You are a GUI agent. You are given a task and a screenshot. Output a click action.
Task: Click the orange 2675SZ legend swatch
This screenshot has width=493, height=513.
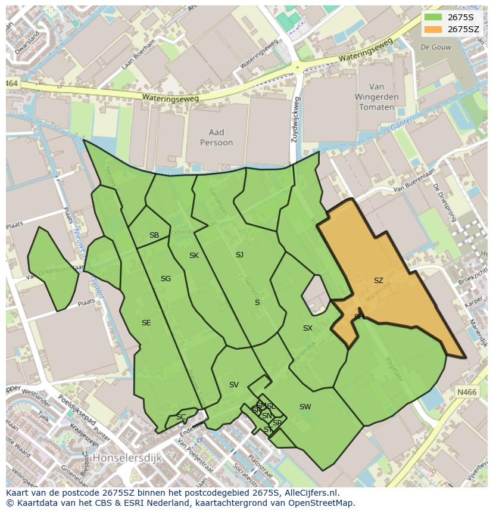coord(433,29)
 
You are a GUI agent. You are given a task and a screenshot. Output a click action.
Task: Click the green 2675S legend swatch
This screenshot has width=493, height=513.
coord(433,17)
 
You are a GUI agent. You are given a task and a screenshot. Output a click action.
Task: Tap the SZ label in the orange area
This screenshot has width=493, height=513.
coord(379,280)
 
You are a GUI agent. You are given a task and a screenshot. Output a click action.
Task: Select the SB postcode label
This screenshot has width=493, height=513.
coord(154,235)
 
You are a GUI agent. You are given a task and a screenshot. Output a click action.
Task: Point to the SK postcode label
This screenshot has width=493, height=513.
coord(194,256)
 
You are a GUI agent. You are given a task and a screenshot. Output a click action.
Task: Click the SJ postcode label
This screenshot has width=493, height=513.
coord(239,254)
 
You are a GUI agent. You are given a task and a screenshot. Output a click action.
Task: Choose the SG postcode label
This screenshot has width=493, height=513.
coord(166,278)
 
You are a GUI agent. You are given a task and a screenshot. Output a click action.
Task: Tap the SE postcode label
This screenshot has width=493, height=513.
coord(146,323)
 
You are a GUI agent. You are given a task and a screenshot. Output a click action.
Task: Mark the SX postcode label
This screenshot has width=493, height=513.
coord(307,328)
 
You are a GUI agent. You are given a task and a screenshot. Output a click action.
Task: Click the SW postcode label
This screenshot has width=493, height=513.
coord(305,407)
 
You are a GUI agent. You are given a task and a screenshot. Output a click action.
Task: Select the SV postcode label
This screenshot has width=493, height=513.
coord(233,385)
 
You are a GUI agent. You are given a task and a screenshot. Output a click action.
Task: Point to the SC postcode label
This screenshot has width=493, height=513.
coord(181,416)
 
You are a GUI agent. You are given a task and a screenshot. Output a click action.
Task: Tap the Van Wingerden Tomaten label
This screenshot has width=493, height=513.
coord(376,97)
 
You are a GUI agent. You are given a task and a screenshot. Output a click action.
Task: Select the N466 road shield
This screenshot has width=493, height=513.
coord(467,391)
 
